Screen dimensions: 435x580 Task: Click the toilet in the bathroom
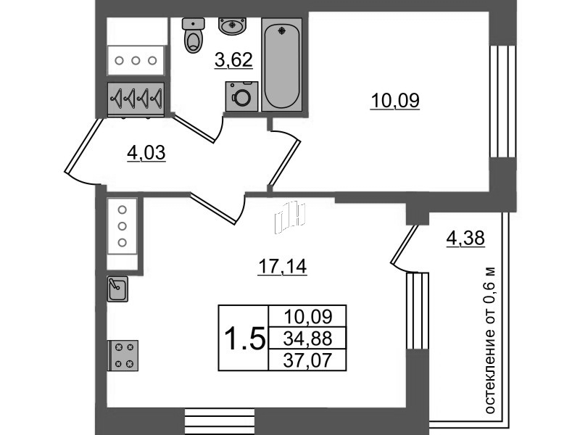coord(193,36)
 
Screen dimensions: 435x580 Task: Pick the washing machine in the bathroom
coord(241,95)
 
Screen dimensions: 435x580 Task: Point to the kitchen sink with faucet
coord(117,289)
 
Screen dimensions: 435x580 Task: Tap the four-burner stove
coord(123,356)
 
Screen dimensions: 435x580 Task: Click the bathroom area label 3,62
coord(233,60)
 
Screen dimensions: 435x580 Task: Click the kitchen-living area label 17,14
coord(283,268)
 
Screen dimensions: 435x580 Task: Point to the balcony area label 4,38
coord(465,238)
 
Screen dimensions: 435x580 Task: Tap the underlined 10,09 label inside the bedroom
coord(395,101)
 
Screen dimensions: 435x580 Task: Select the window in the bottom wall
coord(220,420)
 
